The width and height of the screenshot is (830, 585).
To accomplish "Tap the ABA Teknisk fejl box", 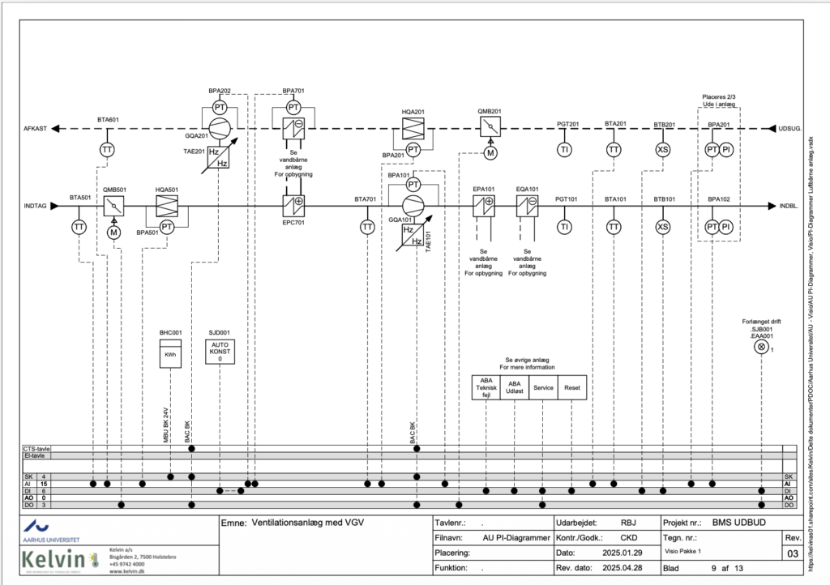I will [486, 387].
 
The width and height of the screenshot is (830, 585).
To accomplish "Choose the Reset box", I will [572, 387].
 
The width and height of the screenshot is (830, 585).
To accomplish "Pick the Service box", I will [543, 387].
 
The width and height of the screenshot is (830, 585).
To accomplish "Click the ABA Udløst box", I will [515, 387].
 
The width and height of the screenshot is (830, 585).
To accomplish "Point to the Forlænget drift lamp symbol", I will [761, 347].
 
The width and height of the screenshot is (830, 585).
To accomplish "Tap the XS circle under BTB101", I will [663, 227].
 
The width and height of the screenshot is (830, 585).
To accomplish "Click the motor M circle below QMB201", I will [490, 152].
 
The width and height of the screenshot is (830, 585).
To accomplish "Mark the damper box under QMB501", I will [114, 206].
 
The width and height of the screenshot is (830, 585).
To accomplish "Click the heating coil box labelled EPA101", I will [484, 206].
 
